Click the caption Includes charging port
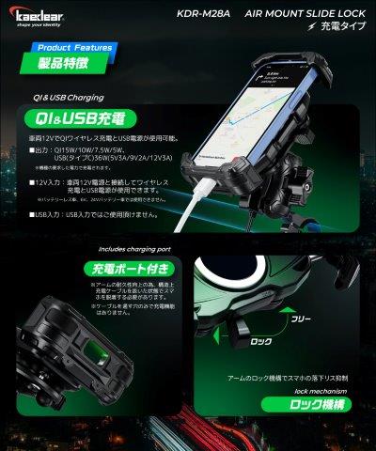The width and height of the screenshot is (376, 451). click(x=133, y=250)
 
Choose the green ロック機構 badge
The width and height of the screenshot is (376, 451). click(x=317, y=406)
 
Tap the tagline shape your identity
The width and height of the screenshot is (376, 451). click(x=31, y=26)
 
